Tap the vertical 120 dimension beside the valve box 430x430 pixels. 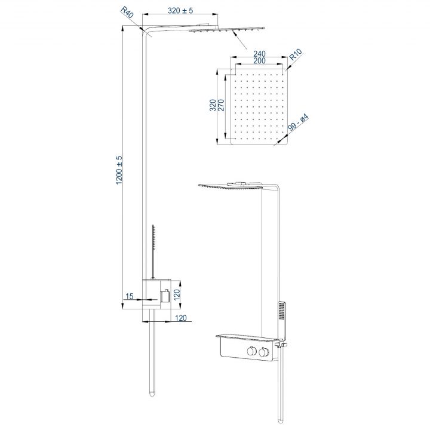pyautogui.click(x=185, y=293)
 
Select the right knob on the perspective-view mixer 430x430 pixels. pyautogui.click(x=263, y=354)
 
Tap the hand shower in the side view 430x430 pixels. pyautogui.click(x=153, y=245)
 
